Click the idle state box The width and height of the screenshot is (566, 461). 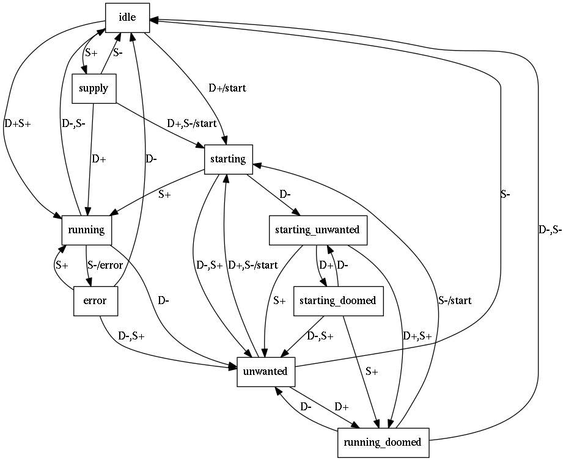(127, 17)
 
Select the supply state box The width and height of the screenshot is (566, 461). (94, 89)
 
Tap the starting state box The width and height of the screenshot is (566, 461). (228, 159)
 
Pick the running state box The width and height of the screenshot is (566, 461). (86, 230)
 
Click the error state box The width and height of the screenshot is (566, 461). (95, 301)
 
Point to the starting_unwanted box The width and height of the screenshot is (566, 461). (317, 230)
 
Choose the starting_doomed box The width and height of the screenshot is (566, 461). (339, 301)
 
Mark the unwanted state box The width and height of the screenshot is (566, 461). (266, 372)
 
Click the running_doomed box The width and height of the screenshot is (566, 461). (383, 442)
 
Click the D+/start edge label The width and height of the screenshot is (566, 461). (227, 89)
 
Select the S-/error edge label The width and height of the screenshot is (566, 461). (105, 266)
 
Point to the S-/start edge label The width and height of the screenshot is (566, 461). (455, 300)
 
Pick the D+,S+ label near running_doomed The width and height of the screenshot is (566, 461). (417, 336)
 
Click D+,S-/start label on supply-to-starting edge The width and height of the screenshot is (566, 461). (192, 124)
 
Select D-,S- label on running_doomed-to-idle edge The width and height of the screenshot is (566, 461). (549, 230)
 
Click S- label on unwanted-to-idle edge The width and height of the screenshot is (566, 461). (505, 195)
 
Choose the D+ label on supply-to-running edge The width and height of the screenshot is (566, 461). (98, 159)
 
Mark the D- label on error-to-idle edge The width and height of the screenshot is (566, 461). (151, 159)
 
